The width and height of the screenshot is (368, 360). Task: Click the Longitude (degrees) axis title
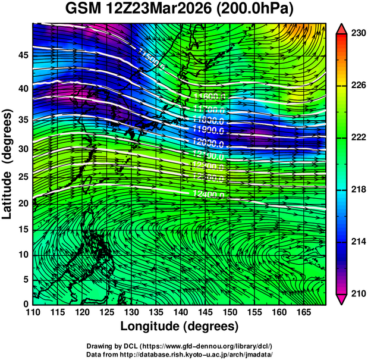tap(180, 326)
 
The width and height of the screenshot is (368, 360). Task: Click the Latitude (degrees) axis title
tap(8, 164)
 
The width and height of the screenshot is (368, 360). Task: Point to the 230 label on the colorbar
tap(357, 34)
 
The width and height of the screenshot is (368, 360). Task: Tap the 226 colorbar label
tap(357, 86)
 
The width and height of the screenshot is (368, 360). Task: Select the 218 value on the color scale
tap(357, 189)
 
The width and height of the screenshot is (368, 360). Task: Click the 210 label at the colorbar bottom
tap(357, 293)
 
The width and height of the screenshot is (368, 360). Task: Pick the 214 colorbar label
tap(357, 242)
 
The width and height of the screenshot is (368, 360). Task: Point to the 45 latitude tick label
tap(22, 55)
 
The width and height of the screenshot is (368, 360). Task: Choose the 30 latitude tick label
tap(22, 149)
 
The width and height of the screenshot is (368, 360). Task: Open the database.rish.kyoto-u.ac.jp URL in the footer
tap(205, 355)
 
